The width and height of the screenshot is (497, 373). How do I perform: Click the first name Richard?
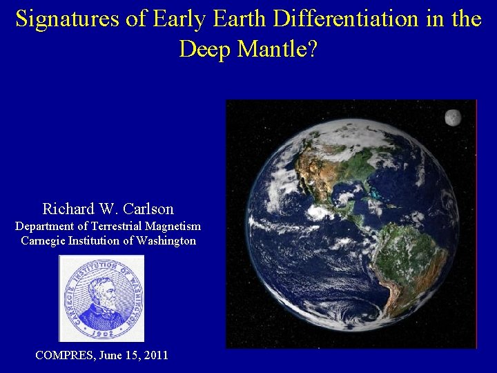tap(68, 209)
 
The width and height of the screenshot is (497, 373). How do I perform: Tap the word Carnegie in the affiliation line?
tap(45, 241)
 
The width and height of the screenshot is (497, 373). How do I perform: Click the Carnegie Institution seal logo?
tap(101, 298)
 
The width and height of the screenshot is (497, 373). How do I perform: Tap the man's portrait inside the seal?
tap(101, 301)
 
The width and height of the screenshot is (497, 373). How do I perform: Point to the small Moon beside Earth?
tap(453, 117)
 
